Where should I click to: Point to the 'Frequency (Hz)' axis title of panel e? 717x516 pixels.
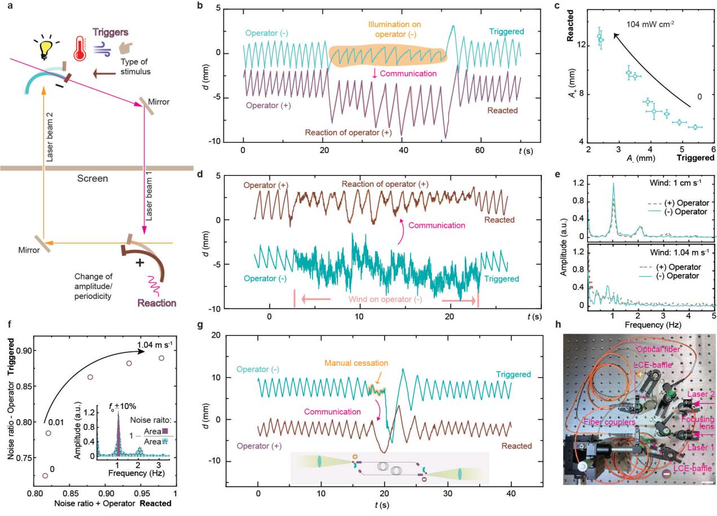pos(651,325)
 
